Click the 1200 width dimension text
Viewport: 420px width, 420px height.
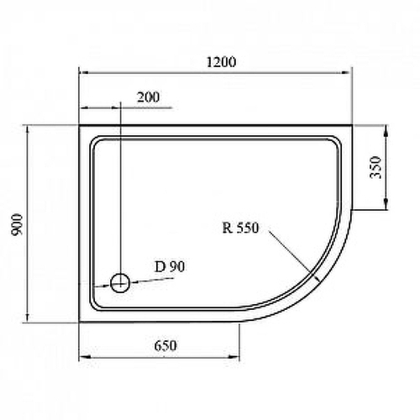[x=218, y=62]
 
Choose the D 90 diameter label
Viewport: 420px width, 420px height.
[x=170, y=267]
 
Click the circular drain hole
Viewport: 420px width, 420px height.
[x=120, y=283]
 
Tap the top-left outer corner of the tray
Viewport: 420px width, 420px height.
[x=79, y=127]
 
